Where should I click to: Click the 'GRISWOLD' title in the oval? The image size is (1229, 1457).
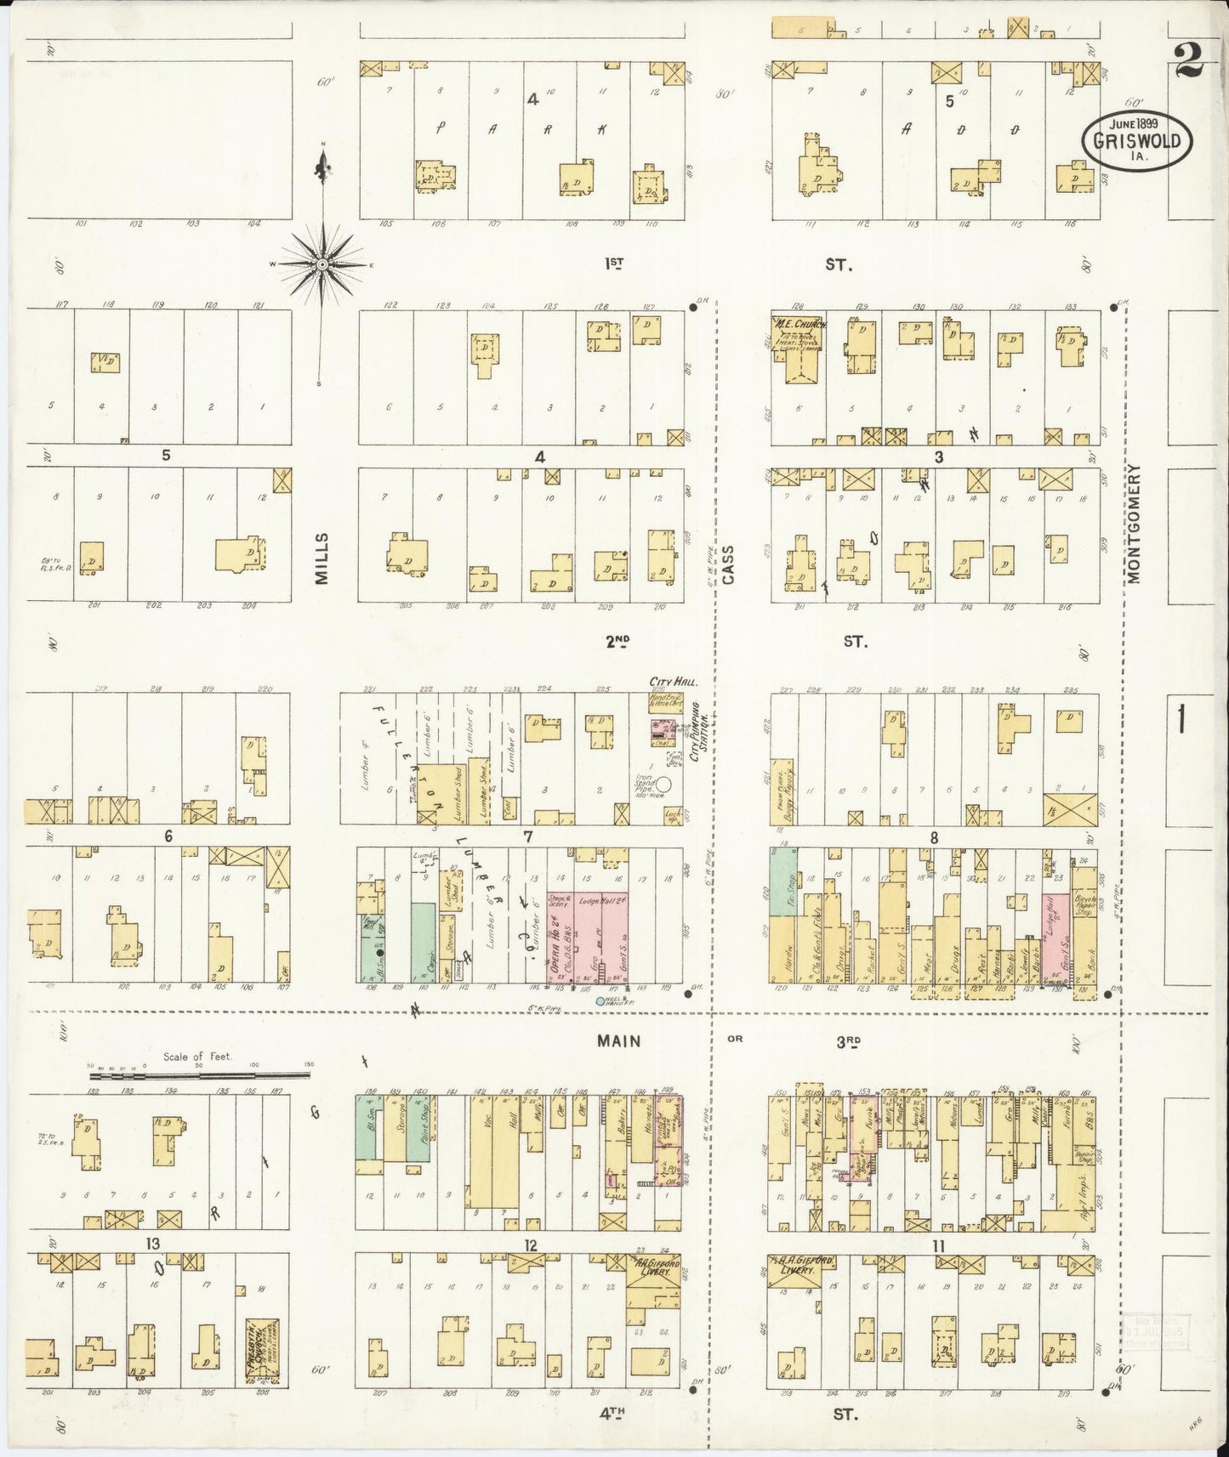tap(1136, 141)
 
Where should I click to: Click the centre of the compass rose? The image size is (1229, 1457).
tap(322, 265)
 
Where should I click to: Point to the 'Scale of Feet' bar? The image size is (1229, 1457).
tap(201, 1075)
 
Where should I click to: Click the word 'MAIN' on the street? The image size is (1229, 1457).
tap(618, 1040)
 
